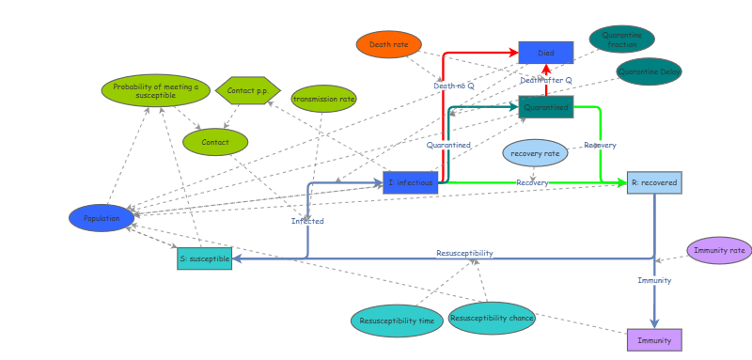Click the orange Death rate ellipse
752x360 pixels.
pos(388,44)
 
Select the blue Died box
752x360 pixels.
pos(545,53)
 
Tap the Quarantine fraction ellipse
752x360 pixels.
pos(621,39)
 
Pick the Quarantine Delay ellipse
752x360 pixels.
pos(649,71)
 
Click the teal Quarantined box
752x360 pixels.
pos(545,107)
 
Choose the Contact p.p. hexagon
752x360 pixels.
pos(248,91)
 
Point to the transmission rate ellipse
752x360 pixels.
pos(323,99)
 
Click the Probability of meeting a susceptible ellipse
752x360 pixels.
pos(155,91)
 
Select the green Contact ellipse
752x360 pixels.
pos(215,142)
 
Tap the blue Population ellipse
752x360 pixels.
pos(102,218)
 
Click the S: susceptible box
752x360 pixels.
pos(204,258)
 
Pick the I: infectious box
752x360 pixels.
pos(410,182)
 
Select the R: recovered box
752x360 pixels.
pos(654,182)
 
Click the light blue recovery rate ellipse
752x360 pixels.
pos(535,152)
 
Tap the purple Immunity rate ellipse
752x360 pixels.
pos(719,250)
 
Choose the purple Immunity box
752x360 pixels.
pos(654,339)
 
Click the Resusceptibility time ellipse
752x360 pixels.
pos(397,321)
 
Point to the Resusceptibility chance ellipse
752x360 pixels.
pos(492,318)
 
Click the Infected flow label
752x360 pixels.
pos(307,221)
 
